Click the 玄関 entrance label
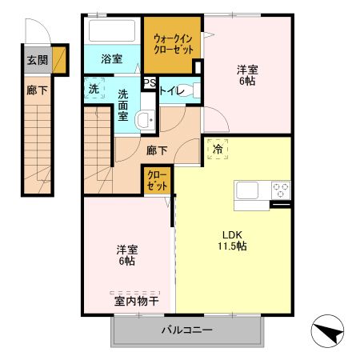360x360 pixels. pos(38,59)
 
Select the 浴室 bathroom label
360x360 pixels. pos(112,58)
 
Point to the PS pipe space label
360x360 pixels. pos(149,82)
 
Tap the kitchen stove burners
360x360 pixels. pos(281,190)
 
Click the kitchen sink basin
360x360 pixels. pos(246,191)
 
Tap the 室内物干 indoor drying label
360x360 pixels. pos(135,302)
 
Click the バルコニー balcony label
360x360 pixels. pos(187,330)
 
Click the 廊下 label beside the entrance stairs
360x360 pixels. pos(38,90)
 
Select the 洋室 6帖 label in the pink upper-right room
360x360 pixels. pos(249,74)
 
